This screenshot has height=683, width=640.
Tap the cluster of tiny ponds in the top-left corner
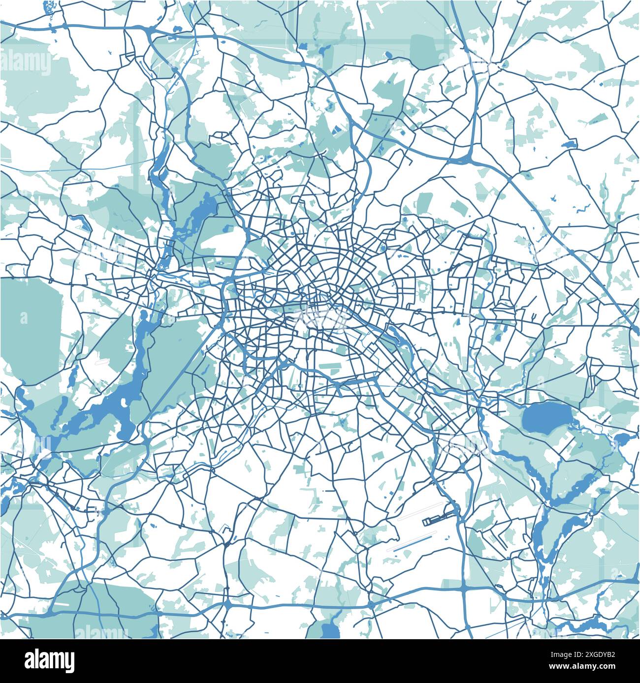pos(49,7)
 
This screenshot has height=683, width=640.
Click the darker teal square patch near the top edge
pos(423,49)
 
